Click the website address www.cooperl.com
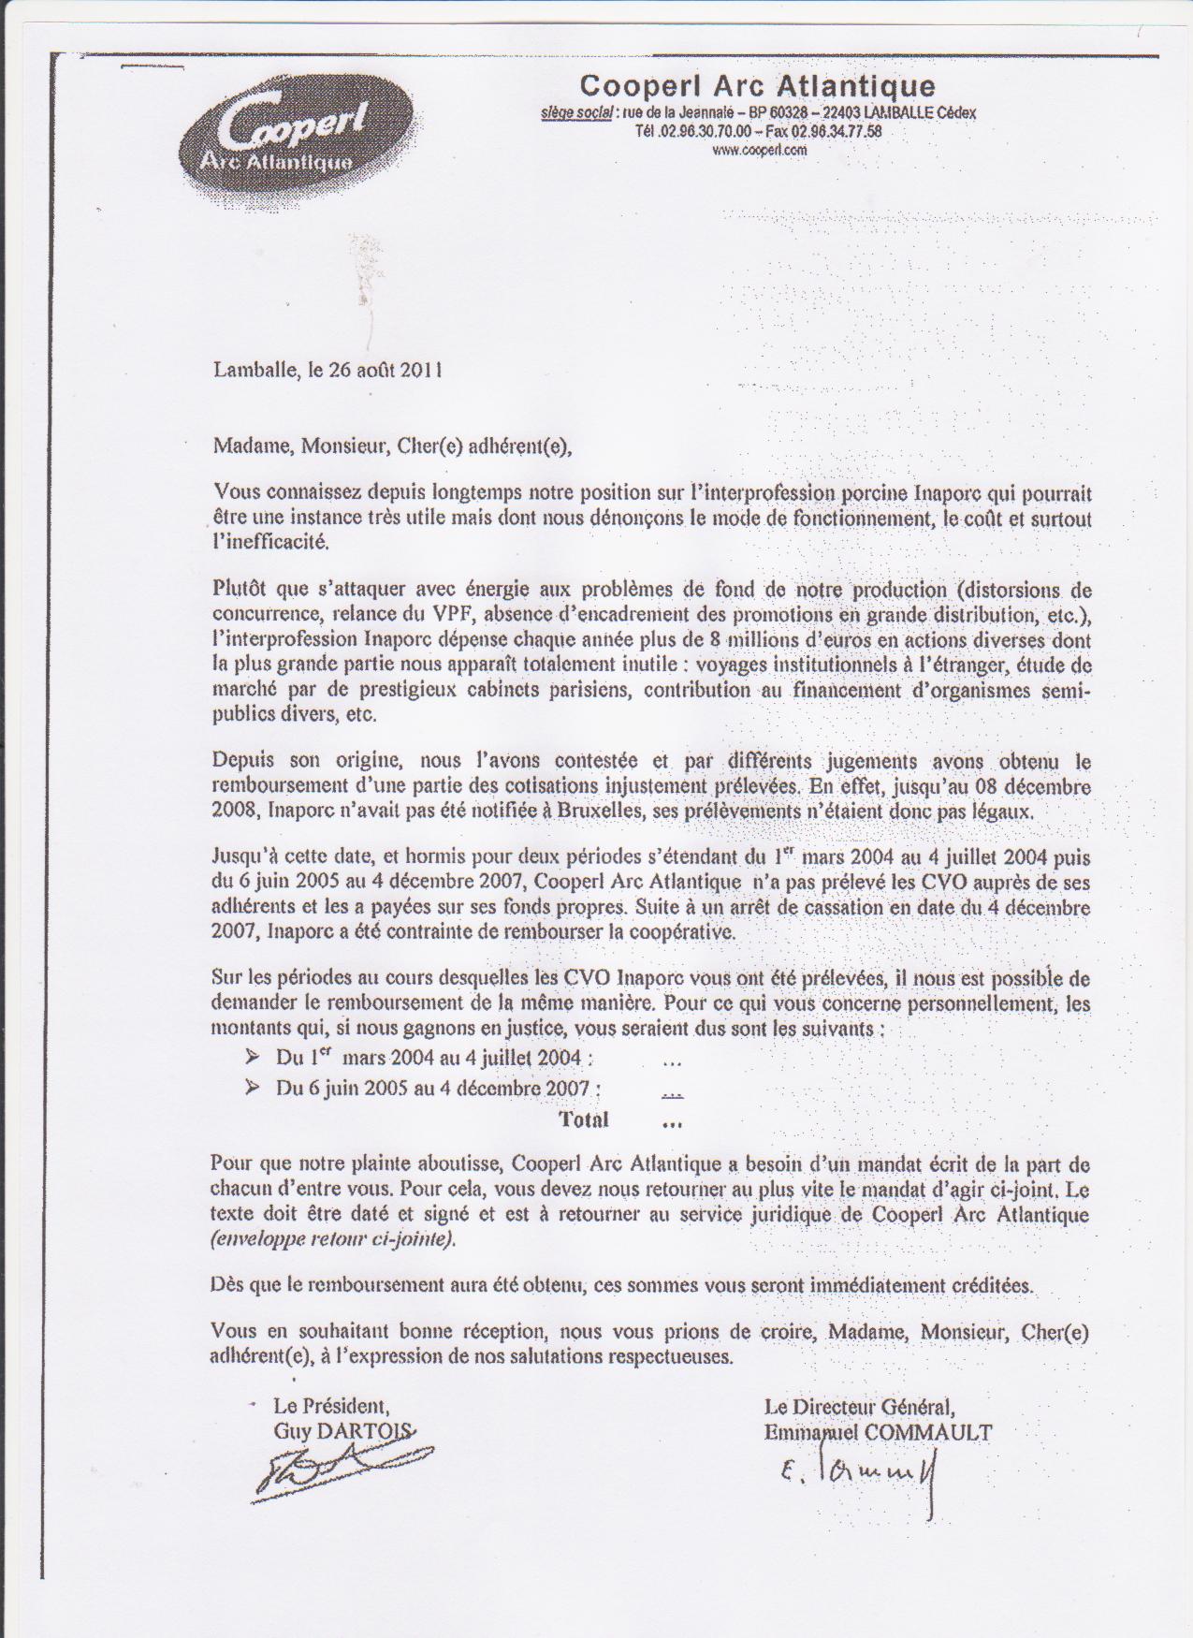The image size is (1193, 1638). [x=759, y=150]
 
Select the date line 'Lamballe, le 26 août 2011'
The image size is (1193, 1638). [x=327, y=370]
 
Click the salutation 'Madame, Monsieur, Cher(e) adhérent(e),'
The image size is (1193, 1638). [x=392, y=446]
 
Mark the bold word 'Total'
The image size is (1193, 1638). [x=583, y=1119]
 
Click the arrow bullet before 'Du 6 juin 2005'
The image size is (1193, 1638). [x=252, y=1088]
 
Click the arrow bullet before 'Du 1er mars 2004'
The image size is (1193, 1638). [x=252, y=1058]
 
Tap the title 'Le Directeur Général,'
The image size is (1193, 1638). [x=859, y=1406]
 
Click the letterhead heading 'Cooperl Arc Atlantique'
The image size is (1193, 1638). [x=757, y=86]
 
